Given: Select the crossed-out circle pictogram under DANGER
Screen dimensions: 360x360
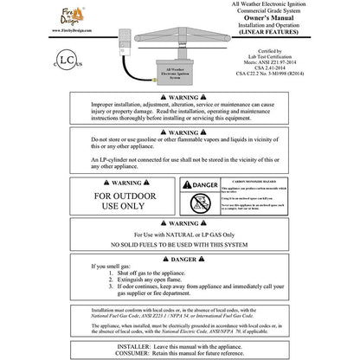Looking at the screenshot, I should coord(195,204).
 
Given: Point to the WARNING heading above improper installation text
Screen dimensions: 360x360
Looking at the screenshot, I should coord(181,124).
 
